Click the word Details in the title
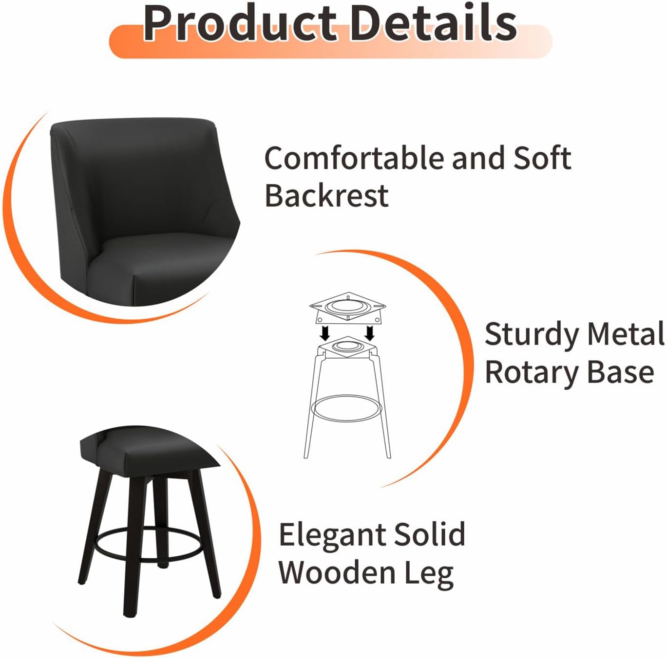[433, 23]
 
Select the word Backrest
[326, 196]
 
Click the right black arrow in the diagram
[369, 333]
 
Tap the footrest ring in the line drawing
[346, 408]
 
